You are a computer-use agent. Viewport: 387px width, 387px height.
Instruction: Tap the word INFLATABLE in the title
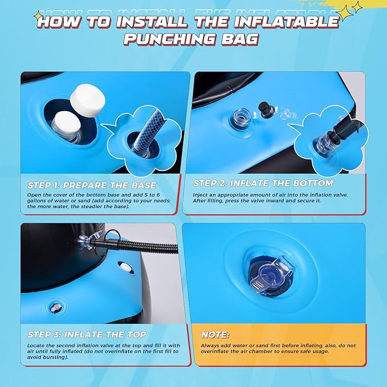click(287, 21)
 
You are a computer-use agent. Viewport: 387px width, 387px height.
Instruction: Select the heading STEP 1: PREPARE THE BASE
click(92, 185)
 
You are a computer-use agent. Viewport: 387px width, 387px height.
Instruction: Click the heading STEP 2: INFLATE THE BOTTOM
click(263, 183)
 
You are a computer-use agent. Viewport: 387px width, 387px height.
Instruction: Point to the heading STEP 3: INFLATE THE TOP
click(87, 335)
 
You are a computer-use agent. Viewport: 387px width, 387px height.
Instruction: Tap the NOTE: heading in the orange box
click(215, 335)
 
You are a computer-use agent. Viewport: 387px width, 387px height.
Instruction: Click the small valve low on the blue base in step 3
click(55, 308)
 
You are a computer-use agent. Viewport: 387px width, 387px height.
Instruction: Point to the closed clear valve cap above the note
click(272, 275)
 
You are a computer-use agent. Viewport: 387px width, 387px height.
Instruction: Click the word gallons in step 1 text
click(36, 201)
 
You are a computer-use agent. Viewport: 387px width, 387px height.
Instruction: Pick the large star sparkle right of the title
click(345, 13)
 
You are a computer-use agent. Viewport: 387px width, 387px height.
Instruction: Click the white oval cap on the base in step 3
click(126, 267)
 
